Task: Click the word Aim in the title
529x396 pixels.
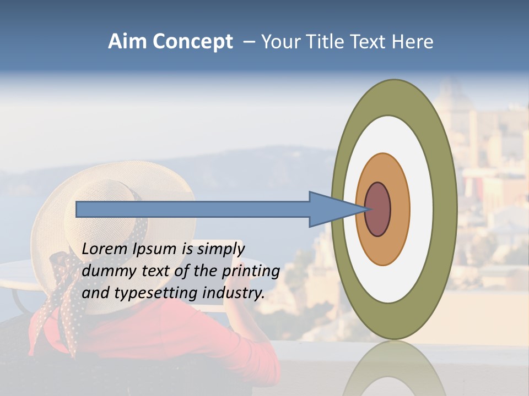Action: (128, 42)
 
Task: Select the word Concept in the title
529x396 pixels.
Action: (193, 42)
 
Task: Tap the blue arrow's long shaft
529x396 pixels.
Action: (193, 210)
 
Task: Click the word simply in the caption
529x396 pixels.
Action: (220, 249)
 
